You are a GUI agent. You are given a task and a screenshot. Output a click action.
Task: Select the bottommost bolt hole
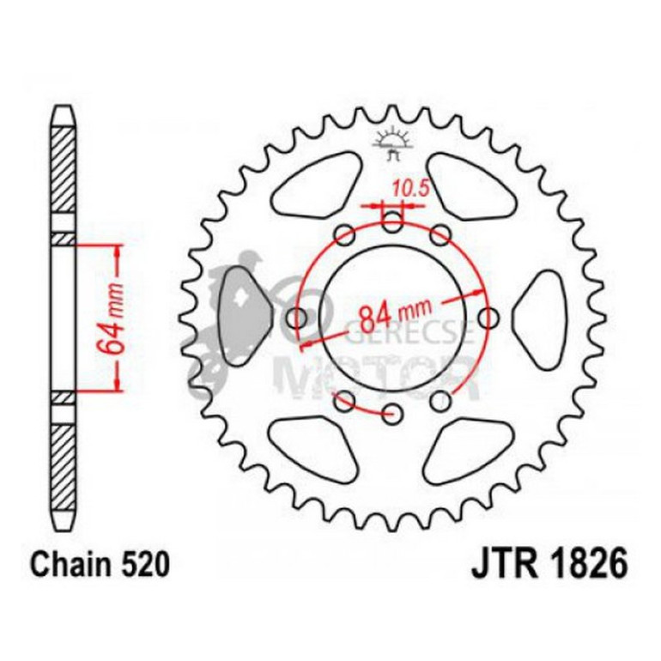pyautogui.click(x=393, y=414)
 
